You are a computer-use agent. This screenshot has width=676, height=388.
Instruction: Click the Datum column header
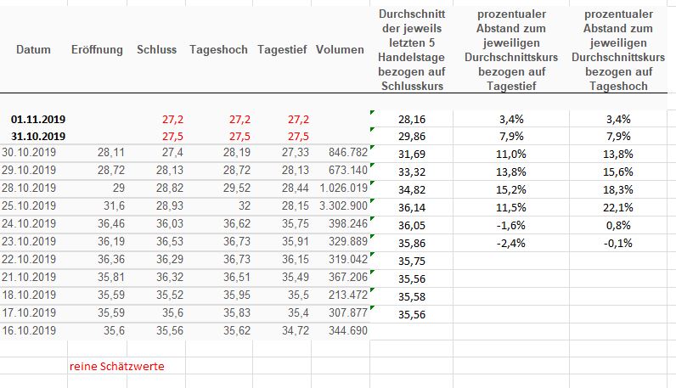33,50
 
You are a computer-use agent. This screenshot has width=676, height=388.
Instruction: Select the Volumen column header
340,50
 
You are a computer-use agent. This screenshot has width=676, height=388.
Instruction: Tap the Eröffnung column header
97,50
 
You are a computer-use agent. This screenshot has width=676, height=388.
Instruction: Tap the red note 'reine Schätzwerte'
117,366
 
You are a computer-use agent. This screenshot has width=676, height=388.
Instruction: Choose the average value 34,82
412,189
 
